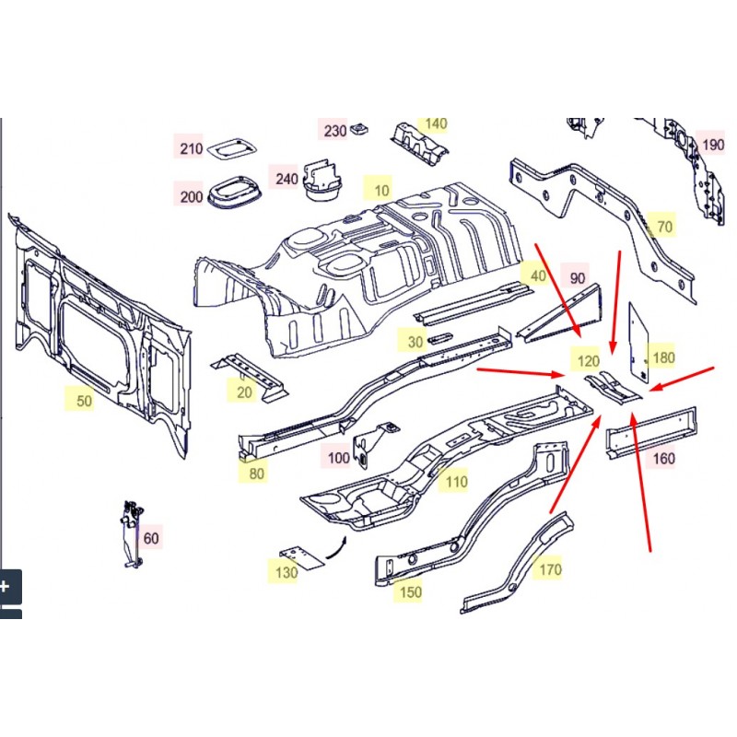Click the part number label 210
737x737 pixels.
pyautogui.click(x=191, y=148)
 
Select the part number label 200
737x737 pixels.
pyautogui.click(x=191, y=196)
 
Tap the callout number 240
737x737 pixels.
pyautogui.click(x=287, y=179)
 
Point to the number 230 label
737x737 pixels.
pyautogui.click(x=335, y=131)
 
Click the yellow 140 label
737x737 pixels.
pyautogui.click(x=435, y=123)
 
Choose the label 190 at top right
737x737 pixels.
pyautogui.click(x=713, y=145)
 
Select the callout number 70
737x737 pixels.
pyautogui.click(x=664, y=226)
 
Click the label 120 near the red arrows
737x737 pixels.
pyautogui.click(x=587, y=361)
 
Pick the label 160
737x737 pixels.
pyautogui.click(x=662, y=458)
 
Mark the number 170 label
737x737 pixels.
pyautogui.click(x=549, y=569)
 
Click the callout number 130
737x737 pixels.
pyautogui.click(x=287, y=573)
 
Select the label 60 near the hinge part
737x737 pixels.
pyautogui.click(x=151, y=538)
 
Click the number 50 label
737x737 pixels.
pyautogui.click(x=84, y=401)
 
